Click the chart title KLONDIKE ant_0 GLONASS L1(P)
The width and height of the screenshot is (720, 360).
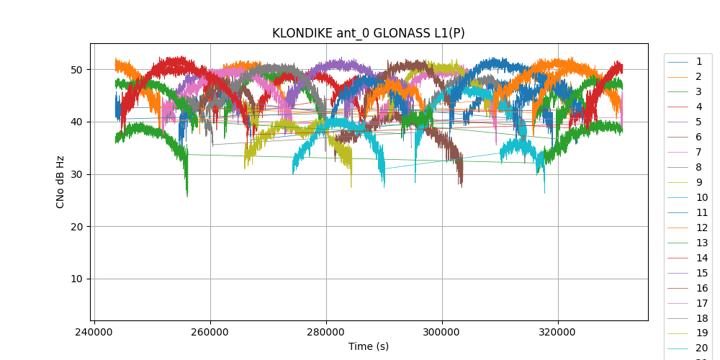click(368, 33)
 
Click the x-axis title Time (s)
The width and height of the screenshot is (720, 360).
click(368, 346)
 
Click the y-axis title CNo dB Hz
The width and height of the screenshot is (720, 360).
click(60, 181)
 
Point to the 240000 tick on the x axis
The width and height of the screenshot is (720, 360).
click(94, 333)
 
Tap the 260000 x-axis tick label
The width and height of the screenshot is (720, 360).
click(210, 333)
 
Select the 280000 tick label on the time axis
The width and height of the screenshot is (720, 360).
click(326, 333)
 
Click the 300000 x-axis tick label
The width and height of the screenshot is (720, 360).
click(442, 333)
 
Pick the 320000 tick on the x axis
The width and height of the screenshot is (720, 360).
click(558, 333)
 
